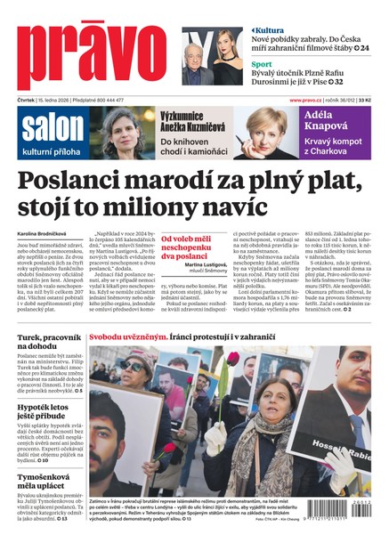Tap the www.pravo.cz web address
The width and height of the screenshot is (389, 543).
point(308,100)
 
